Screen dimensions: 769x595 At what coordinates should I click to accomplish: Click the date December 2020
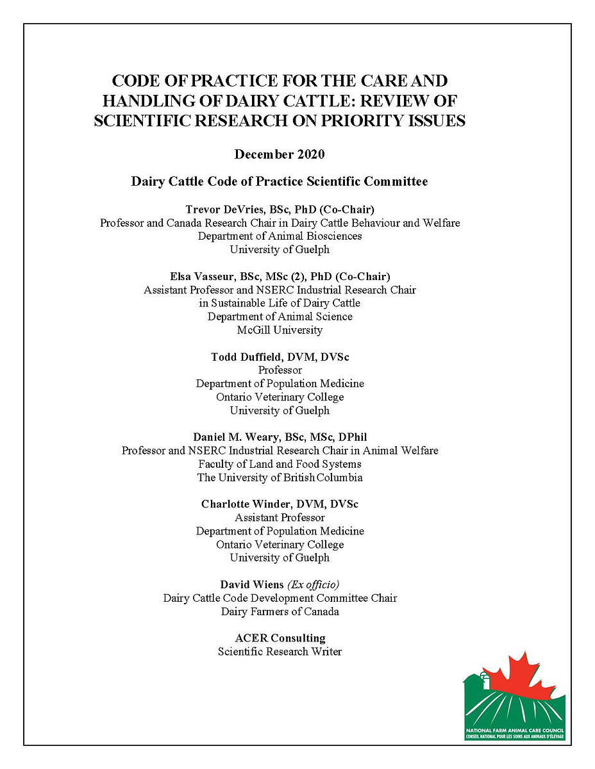[280, 154]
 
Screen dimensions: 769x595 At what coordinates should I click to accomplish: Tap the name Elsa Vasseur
[205, 277]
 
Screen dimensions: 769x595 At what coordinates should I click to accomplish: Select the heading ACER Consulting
[280, 638]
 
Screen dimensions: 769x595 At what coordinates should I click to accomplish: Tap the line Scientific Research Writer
[280, 652]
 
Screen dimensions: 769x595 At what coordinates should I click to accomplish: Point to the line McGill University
[280, 330]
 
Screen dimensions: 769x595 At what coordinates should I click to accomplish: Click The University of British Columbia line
[280, 477]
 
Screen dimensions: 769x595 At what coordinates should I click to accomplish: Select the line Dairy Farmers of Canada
[280, 611]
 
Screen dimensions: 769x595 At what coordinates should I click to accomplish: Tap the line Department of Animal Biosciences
[280, 236]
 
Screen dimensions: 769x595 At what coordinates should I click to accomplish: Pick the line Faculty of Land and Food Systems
[280, 464]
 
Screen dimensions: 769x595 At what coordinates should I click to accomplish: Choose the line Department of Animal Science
[280, 317]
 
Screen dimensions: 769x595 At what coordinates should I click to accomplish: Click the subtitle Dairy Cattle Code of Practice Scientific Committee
[280, 182]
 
